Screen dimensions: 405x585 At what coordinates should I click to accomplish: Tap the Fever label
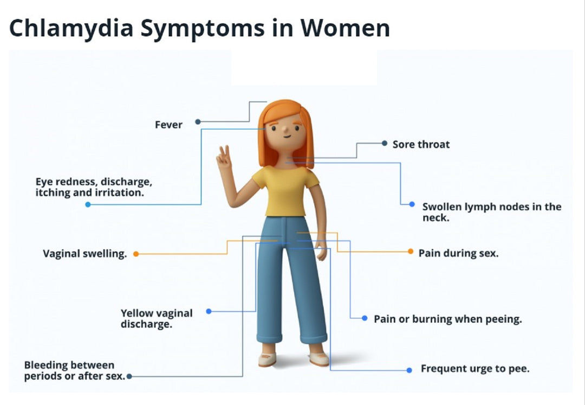168,125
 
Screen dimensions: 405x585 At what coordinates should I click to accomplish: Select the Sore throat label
421,144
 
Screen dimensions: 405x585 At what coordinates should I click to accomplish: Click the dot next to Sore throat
384,144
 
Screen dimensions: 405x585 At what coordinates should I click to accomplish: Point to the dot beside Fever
198,122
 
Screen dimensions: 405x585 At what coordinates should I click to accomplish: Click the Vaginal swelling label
84,254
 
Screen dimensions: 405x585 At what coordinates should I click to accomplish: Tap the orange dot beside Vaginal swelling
136,254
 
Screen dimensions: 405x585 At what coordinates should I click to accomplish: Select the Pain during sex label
458,253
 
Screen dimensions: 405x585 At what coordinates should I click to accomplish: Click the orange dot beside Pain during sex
411,252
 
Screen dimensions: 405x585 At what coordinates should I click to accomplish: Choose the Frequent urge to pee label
475,369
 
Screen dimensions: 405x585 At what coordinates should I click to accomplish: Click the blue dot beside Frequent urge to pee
409,370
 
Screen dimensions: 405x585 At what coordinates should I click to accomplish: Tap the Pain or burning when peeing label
447,319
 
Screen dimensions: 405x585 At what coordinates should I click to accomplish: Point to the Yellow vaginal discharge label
156,319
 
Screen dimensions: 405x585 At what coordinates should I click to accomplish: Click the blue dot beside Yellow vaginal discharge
209,311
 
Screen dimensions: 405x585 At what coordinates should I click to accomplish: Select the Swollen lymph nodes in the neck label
491,212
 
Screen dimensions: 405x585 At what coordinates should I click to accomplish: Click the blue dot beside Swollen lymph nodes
412,204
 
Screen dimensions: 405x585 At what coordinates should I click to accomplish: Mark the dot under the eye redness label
88,204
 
